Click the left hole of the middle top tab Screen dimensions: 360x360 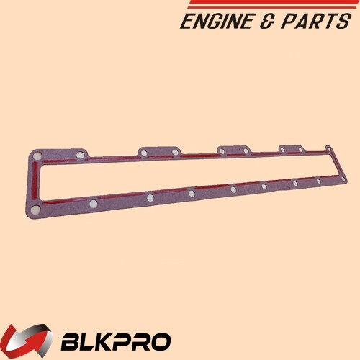[223, 150]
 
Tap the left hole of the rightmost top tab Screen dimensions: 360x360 [283, 149]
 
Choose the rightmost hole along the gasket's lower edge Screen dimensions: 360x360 [318, 181]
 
